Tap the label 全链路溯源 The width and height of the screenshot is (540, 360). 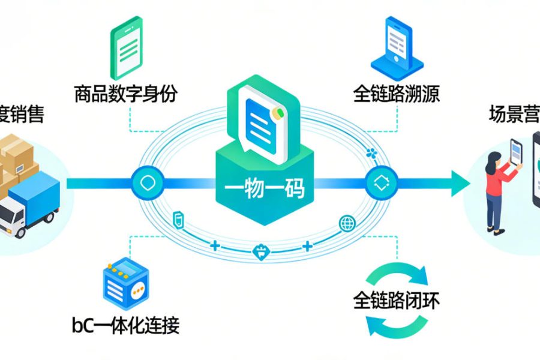(397, 94)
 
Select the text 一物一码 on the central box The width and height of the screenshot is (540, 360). (265, 190)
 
